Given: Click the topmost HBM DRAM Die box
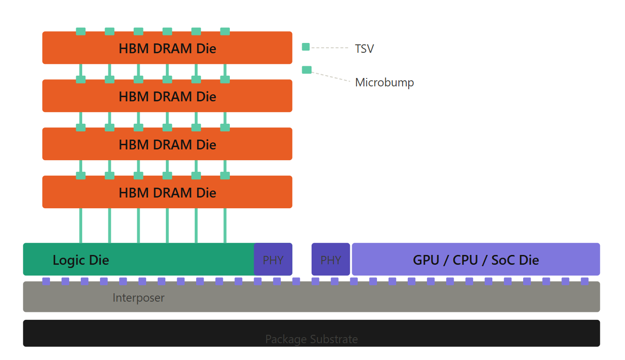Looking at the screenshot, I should pyautogui.click(x=167, y=48).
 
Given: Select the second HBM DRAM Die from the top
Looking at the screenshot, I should pyautogui.click(x=167, y=96).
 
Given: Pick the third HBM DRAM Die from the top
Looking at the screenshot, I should pyautogui.click(x=167, y=144).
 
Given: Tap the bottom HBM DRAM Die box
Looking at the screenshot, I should pyautogui.click(x=167, y=192).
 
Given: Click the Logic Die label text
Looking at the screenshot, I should pyautogui.click(x=81, y=260).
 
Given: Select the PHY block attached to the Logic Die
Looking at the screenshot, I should pyautogui.click(x=273, y=260).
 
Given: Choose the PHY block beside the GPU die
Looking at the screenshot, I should pyautogui.click(x=331, y=260).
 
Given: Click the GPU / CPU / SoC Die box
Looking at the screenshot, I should pyautogui.click(x=476, y=260).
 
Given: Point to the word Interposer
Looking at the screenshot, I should pyautogui.click(x=138, y=297).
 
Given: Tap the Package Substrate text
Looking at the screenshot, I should pyautogui.click(x=312, y=339).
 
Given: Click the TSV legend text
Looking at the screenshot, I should pyautogui.click(x=364, y=49).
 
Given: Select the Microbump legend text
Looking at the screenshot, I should pyautogui.click(x=384, y=83).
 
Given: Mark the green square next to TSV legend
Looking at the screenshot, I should pyautogui.click(x=306, y=47).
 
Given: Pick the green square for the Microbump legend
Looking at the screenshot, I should pyautogui.click(x=306, y=70).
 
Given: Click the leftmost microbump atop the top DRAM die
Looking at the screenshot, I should pyautogui.click(x=81, y=31).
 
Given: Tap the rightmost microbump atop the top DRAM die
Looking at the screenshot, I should pyautogui.click(x=225, y=31).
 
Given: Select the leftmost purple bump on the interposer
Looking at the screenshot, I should pyautogui.click(x=46, y=281).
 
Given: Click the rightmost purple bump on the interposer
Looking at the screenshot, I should pyautogui.click(x=584, y=281).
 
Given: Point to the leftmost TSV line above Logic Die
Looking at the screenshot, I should pyautogui.click(x=81, y=226).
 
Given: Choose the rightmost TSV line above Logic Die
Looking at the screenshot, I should pyautogui.click(x=225, y=226).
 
